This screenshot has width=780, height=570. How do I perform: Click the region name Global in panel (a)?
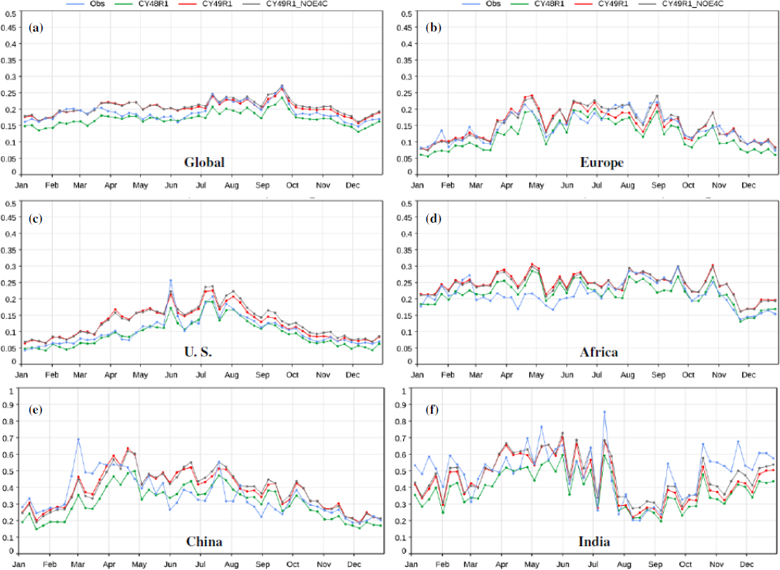coord(204,162)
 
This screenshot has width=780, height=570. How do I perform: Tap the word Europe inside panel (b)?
coord(600,162)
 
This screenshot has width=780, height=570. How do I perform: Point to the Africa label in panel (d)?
coord(600,352)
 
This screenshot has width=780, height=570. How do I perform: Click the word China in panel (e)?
coord(204,541)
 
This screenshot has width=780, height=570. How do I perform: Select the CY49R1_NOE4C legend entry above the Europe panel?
coord(693,4)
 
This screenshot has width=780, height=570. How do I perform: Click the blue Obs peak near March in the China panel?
coord(78,439)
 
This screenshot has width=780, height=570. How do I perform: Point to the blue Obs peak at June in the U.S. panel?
coord(170,281)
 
